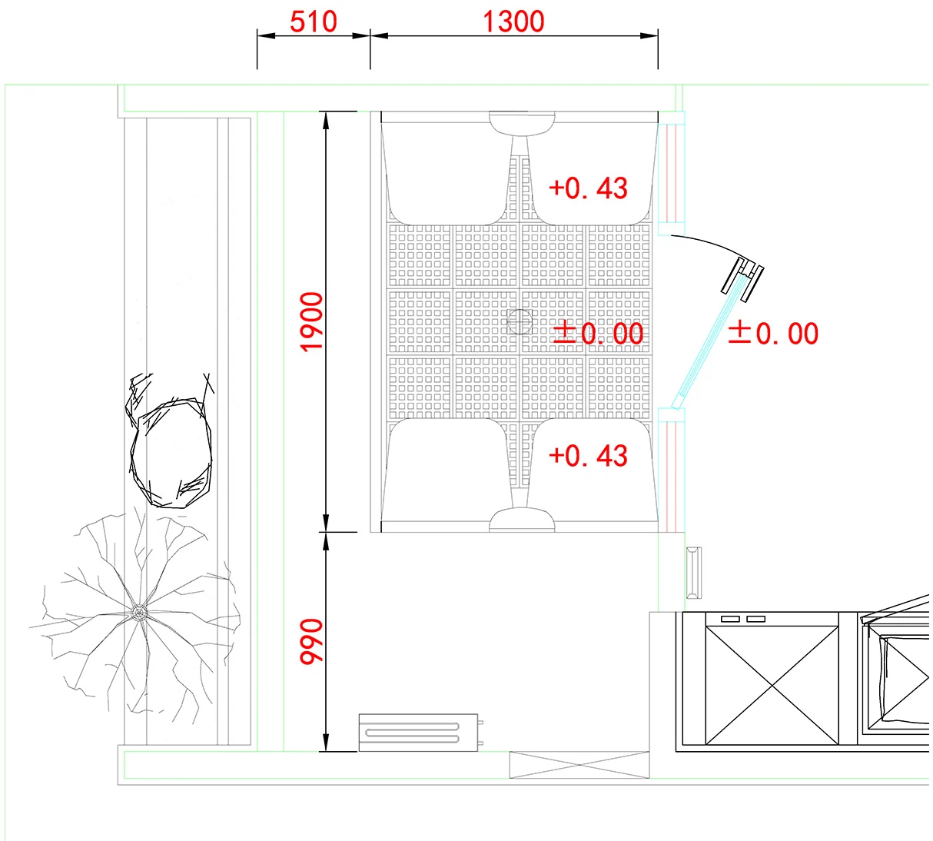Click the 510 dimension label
[313, 22]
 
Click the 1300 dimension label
[513, 22]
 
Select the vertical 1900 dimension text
[311, 321]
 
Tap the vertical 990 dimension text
[311, 641]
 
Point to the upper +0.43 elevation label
[589, 188]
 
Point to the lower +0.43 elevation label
[589, 455]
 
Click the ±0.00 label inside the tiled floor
[598, 333]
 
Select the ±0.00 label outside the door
[773, 333]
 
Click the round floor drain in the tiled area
[520, 321]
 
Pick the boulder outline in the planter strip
[171, 452]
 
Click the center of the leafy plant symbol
[139, 612]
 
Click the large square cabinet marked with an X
[772, 685]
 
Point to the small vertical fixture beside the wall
[694, 573]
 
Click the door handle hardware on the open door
[742, 279]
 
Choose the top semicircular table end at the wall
[522, 123]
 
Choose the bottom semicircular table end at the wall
[522, 520]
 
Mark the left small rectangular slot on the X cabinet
[730, 619]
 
